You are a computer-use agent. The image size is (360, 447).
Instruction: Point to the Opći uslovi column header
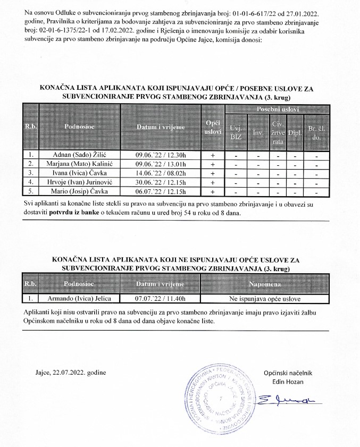tap(213, 127)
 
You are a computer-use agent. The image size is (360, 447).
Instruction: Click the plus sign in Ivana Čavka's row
tap(213, 173)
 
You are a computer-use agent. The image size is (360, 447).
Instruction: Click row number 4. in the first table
tap(31, 182)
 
